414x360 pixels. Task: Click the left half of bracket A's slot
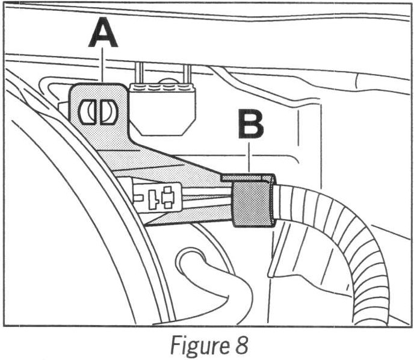click(x=88, y=111)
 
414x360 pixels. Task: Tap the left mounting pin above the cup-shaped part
click(x=140, y=73)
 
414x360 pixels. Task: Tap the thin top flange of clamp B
click(x=248, y=178)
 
